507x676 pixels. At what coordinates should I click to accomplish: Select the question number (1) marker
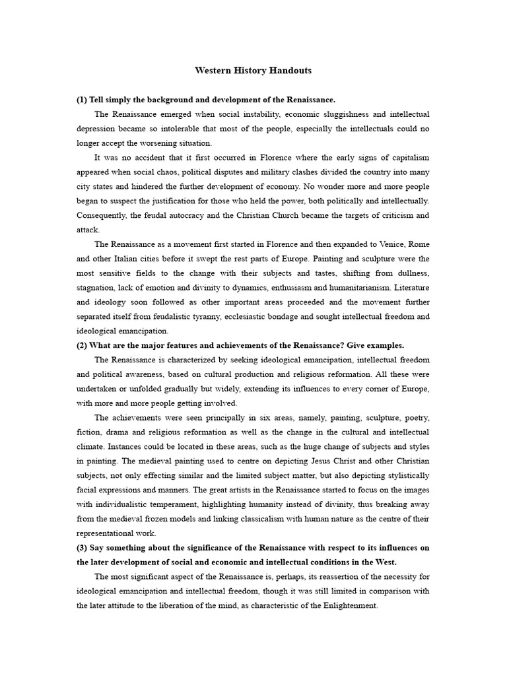point(83,100)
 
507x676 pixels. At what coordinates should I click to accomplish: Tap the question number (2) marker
point(83,345)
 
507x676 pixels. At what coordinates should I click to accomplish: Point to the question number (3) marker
point(83,548)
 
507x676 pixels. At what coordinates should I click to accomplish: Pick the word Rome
point(416,244)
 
